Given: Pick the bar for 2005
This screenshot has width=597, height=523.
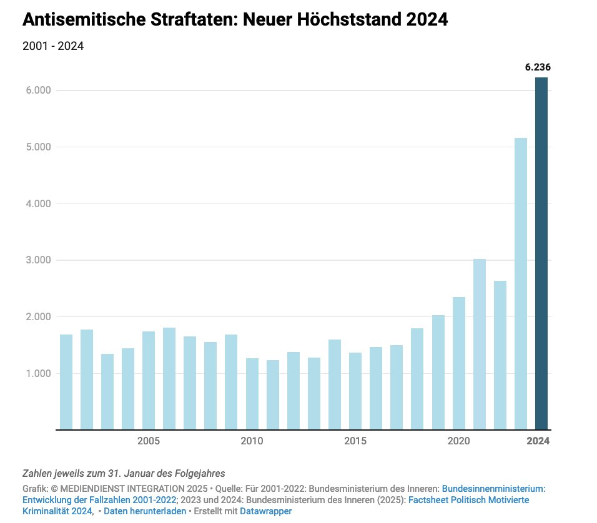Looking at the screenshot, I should tap(149, 381).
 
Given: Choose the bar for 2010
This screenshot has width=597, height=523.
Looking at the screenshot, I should tap(252, 394).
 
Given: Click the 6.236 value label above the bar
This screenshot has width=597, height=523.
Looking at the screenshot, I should tap(537, 68).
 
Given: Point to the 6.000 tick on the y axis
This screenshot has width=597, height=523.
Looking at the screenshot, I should tap(37, 90).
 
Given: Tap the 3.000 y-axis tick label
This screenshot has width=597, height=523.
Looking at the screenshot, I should tap(37, 260).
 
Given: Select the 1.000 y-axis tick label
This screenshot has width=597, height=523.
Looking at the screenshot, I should tap(37, 374).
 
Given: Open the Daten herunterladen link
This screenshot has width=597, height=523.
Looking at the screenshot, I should tap(145, 511).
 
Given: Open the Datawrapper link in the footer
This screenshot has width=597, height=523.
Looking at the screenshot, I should tap(265, 511).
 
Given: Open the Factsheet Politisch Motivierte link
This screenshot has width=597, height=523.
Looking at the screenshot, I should tap(469, 500).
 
